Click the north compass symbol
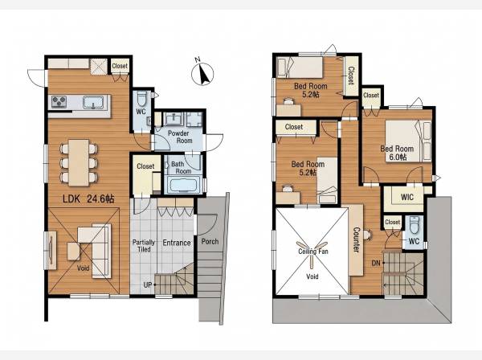click(x=202, y=74)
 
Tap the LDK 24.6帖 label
click(x=88, y=199)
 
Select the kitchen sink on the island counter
click(x=93, y=102)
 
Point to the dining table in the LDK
click(x=79, y=162)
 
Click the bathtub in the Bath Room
click(x=183, y=185)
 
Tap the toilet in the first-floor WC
click(x=141, y=99)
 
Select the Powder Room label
click(x=180, y=137)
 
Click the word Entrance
click(x=177, y=243)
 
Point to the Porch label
click(x=210, y=241)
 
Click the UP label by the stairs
click(x=148, y=285)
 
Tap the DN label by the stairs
click(x=376, y=263)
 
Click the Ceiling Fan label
click(x=313, y=252)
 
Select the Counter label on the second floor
click(x=356, y=239)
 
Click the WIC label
click(x=407, y=197)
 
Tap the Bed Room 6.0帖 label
click(x=397, y=153)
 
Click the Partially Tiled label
click(x=144, y=246)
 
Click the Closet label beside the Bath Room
click(x=145, y=166)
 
